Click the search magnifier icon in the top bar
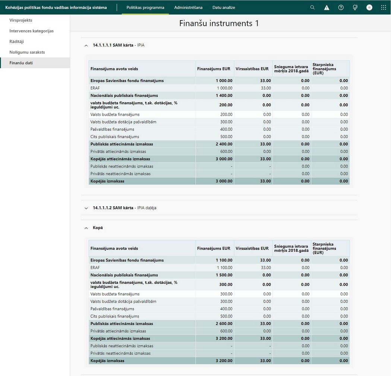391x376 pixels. point(312,7)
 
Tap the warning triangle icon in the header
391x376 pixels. point(327,7)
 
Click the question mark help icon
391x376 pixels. point(341,7)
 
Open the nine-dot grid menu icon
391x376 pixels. point(384,7)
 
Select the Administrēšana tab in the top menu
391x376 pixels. point(188,7)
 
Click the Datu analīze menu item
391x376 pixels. point(224,7)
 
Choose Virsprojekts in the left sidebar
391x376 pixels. point(21,20)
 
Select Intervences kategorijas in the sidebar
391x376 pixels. point(31,31)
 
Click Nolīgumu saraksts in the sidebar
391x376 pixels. point(27,52)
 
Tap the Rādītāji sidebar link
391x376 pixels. point(17,41)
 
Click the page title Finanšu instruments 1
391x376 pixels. point(219,23)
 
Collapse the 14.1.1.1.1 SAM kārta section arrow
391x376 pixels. point(86,46)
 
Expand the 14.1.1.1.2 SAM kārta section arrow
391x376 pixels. point(86,208)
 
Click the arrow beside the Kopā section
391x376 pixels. point(86,228)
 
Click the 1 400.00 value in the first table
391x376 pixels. point(224,95)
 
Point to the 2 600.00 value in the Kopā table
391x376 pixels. point(224,324)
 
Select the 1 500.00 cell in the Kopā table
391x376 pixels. point(224,275)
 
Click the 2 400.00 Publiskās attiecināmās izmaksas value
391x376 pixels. point(224,144)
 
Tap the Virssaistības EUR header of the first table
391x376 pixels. point(252,69)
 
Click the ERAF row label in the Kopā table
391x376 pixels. point(95,267)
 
